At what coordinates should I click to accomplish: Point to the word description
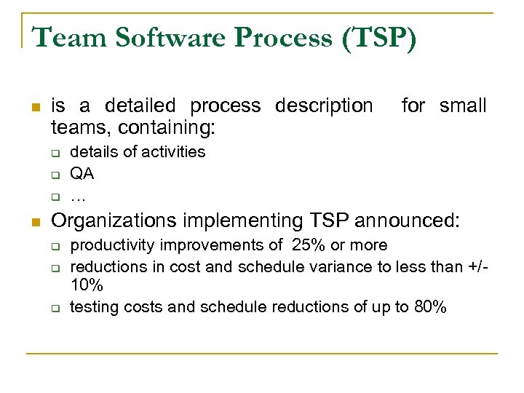click(x=323, y=106)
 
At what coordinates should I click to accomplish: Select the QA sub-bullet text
click(x=82, y=174)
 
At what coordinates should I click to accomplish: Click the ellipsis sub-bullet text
click(x=78, y=196)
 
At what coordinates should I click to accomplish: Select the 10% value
click(x=86, y=286)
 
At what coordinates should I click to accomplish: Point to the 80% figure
click(x=429, y=307)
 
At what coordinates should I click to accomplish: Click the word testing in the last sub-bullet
click(x=93, y=307)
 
